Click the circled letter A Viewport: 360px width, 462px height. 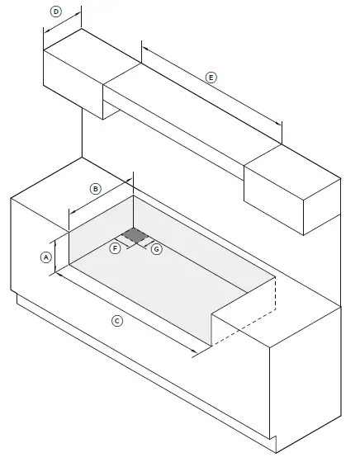(x=46, y=257)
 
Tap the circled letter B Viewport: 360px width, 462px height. (x=95, y=189)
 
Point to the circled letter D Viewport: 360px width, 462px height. (x=56, y=12)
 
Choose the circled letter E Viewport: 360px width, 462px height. (x=211, y=77)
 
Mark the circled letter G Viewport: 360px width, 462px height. (x=156, y=248)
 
